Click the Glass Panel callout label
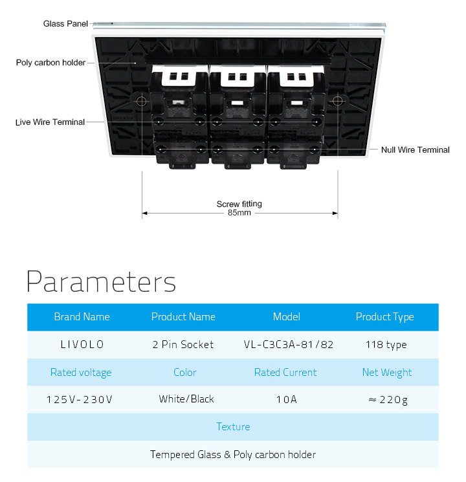(x=65, y=24)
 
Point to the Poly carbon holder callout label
(x=50, y=63)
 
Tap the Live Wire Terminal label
(x=50, y=122)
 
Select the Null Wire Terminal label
(x=416, y=149)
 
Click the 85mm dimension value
(x=239, y=213)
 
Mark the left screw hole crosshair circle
(x=142, y=101)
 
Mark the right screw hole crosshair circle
(x=337, y=100)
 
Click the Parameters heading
(x=101, y=281)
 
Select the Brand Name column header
(x=82, y=316)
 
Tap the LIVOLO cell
(x=82, y=344)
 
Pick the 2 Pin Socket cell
(x=183, y=344)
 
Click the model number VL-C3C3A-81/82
(x=289, y=344)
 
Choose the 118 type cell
(x=386, y=345)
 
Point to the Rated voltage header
(x=81, y=372)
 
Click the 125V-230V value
(x=80, y=400)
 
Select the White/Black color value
(x=186, y=399)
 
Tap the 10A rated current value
(x=286, y=400)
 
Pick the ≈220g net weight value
(x=388, y=400)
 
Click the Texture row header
(x=233, y=426)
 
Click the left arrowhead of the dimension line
(x=144, y=213)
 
